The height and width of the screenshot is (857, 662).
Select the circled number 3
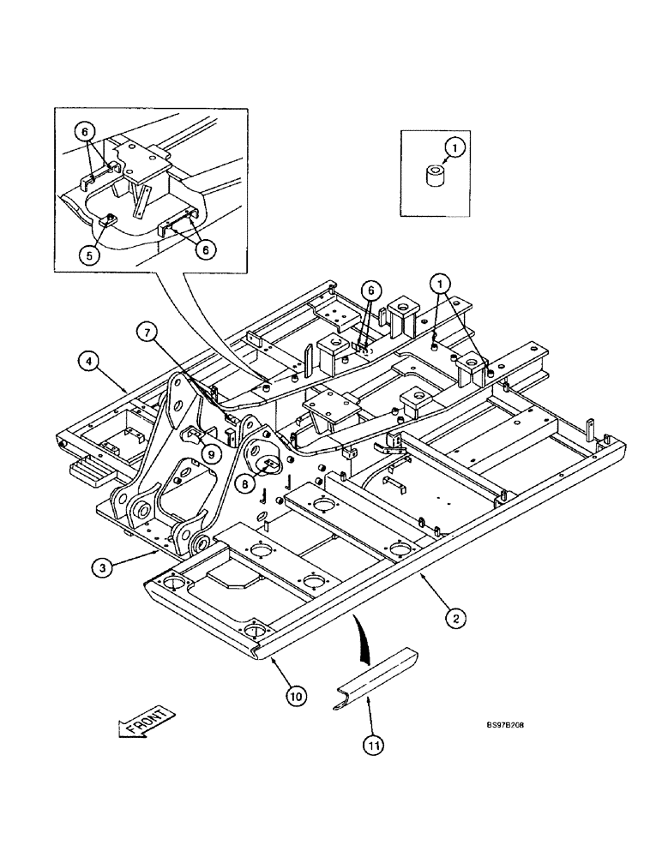point(102,566)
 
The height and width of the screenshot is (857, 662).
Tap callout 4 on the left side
point(90,361)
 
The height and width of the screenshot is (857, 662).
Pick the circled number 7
point(149,330)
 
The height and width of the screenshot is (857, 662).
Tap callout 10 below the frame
point(295,697)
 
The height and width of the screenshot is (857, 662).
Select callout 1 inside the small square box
point(457,147)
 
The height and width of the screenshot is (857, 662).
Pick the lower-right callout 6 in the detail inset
point(205,249)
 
